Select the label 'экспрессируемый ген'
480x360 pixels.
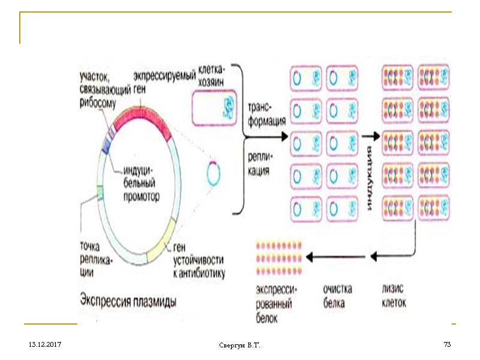pyautogui.click(x=164, y=82)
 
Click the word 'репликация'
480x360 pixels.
pyautogui.click(x=259, y=164)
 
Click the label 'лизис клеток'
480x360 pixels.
pyautogui.click(x=394, y=296)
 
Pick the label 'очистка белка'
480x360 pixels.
pyautogui.click(x=337, y=296)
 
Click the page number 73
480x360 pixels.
pyautogui.click(x=446, y=344)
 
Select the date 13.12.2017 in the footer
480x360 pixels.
pyautogui.click(x=40, y=345)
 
